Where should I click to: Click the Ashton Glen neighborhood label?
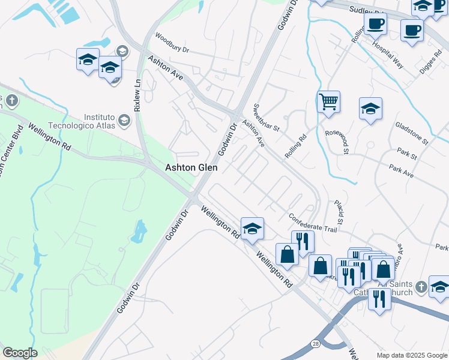click(x=191, y=169)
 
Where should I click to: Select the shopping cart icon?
click(x=328, y=101)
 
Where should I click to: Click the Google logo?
click(x=20, y=353)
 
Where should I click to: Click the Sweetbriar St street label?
click(x=266, y=117)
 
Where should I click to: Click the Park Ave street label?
click(x=401, y=171)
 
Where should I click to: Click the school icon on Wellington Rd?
click(x=253, y=228)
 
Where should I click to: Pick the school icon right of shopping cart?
click(x=370, y=109)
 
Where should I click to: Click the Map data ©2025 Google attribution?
click(x=412, y=355)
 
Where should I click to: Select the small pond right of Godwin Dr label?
click(x=140, y=229)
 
